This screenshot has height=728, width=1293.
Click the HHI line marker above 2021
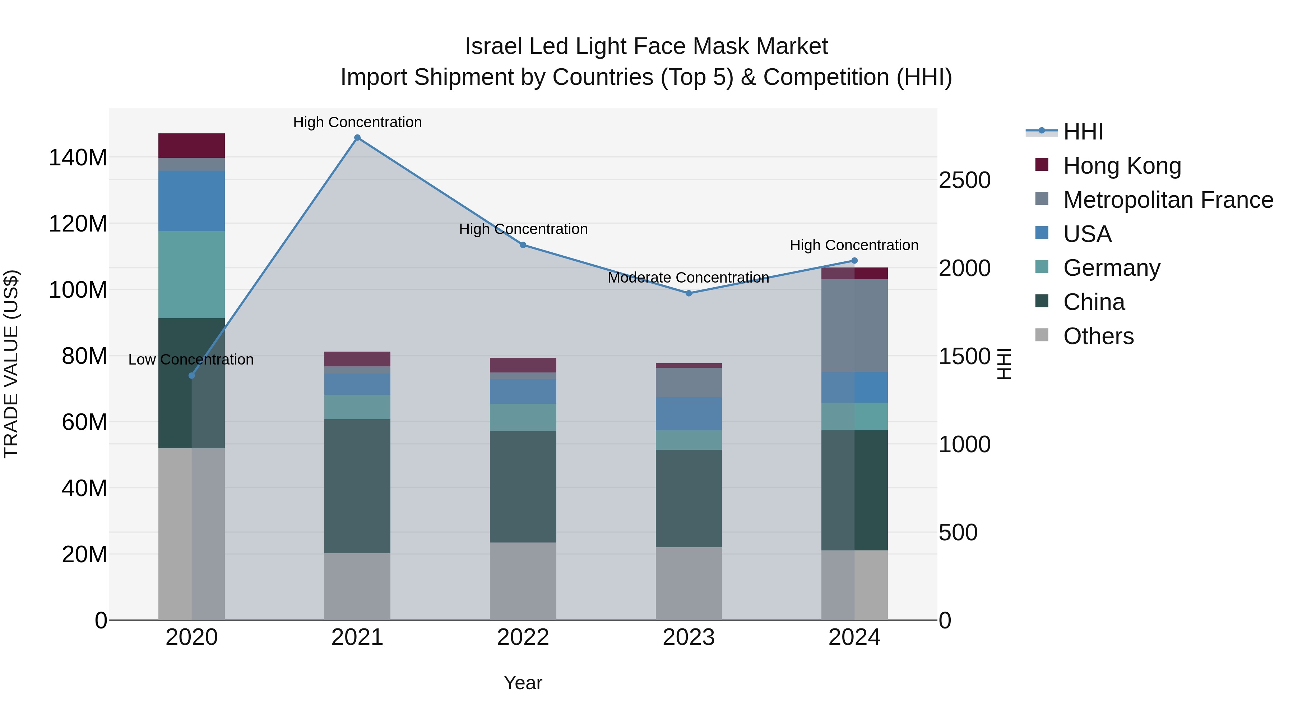click(357, 138)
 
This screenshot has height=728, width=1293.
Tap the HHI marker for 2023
click(689, 293)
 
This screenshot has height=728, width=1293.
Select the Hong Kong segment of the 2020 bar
click(191, 146)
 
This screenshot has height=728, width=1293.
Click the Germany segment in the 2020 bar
click(191, 274)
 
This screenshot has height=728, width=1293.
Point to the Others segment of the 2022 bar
click(523, 581)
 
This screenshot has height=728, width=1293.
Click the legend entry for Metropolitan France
click(1168, 200)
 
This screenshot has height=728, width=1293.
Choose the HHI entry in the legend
click(1083, 132)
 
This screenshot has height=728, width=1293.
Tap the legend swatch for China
click(1042, 302)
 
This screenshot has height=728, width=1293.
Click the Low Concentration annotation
click(191, 360)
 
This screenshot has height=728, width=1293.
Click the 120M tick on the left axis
click(78, 224)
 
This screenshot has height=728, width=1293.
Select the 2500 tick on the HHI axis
click(964, 180)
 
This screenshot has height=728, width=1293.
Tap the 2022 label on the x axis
click(523, 637)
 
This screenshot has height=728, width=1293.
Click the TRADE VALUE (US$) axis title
click(11, 364)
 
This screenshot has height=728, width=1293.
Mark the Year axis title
click(523, 683)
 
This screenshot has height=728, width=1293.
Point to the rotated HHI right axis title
click(1004, 364)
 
